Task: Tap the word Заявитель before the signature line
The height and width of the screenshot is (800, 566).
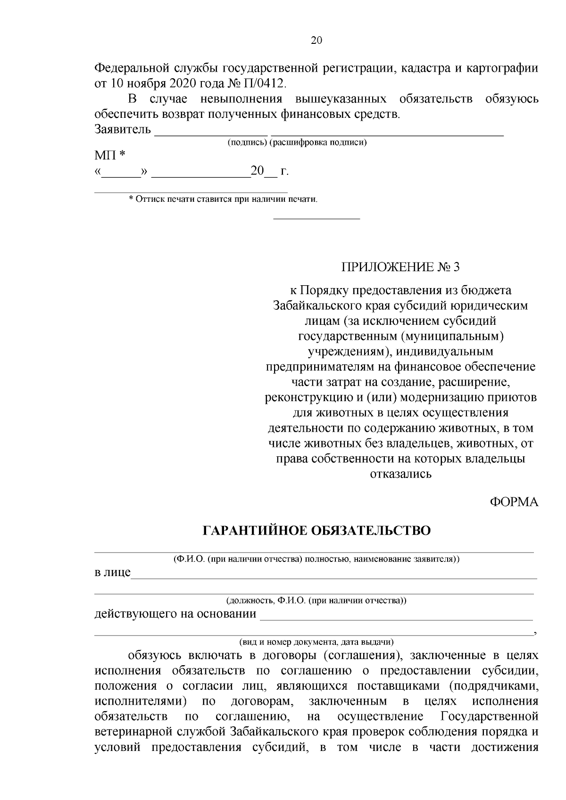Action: tap(123, 129)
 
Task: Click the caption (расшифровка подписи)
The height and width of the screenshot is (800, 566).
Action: tap(318, 143)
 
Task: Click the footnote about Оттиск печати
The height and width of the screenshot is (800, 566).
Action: tap(223, 199)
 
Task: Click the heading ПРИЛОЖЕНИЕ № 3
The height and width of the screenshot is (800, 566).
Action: tap(400, 267)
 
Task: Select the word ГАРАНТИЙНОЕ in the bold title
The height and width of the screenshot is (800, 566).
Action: tap(252, 531)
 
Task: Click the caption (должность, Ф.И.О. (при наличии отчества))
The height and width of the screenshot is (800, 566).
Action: tap(316, 601)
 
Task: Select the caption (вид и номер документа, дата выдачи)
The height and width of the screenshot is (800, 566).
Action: tap(316, 642)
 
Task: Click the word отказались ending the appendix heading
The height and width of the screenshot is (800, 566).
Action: tap(400, 474)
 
